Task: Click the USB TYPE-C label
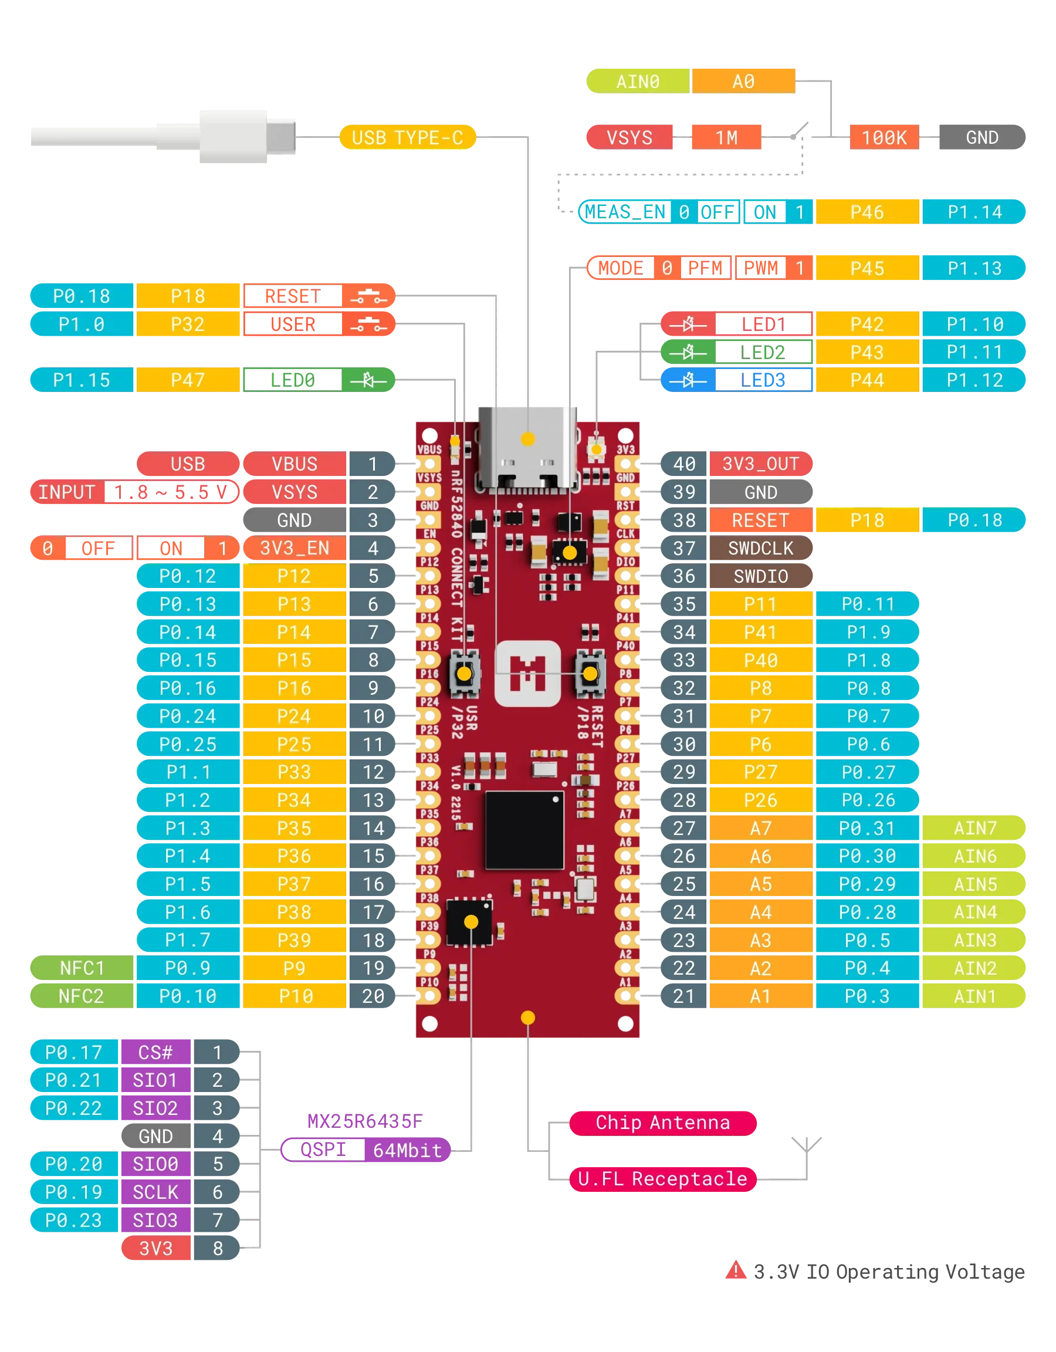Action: [x=407, y=137]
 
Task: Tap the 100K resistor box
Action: [x=884, y=137]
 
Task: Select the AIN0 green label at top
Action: [x=638, y=81]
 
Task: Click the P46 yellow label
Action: [x=867, y=212]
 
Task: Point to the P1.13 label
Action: [x=974, y=268]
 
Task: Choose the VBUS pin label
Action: [x=294, y=464]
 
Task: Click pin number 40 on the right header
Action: [x=684, y=464]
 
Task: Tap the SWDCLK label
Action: [x=760, y=548]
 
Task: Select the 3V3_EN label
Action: [x=294, y=548]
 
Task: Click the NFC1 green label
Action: [x=82, y=968]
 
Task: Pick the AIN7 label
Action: [x=974, y=827]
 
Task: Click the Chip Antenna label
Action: [x=662, y=1123]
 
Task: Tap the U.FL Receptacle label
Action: [x=662, y=1179]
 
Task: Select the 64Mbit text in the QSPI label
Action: [x=407, y=1150]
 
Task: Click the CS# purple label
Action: [x=155, y=1052]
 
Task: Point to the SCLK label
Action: [x=155, y=1192]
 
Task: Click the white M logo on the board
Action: [x=527, y=673]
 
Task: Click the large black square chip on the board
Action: [x=524, y=830]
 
